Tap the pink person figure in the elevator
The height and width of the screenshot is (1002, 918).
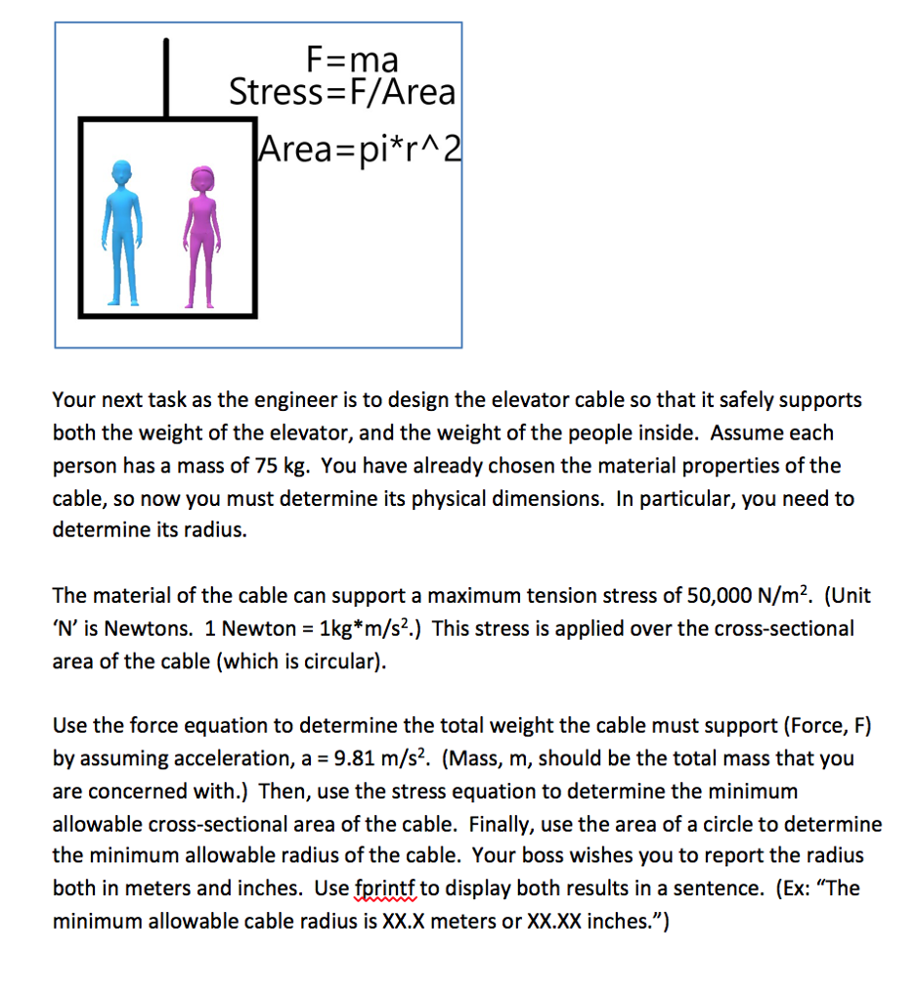201,235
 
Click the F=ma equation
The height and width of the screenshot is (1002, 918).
352,60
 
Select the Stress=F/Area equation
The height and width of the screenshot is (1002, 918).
342,92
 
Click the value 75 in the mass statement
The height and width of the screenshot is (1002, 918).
244,465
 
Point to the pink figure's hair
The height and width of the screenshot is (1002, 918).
201,172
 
